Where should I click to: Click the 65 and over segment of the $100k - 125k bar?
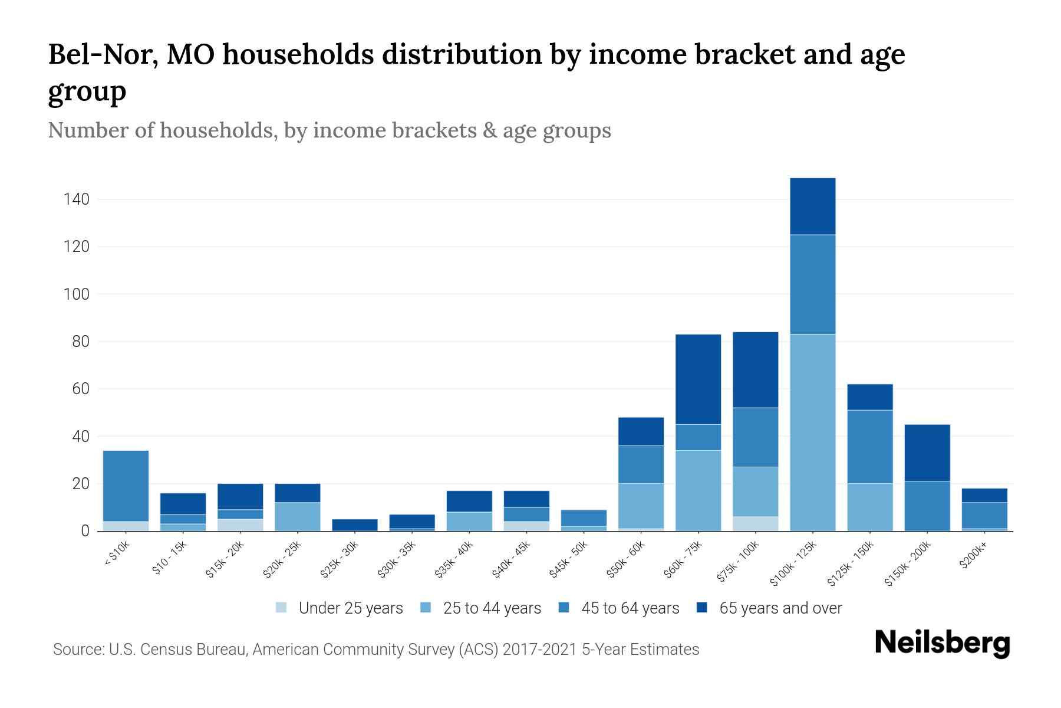pos(812,206)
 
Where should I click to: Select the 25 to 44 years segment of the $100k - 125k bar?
pos(812,432)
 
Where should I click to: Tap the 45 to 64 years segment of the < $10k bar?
pos(126,486)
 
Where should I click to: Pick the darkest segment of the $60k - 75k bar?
pos(698,379)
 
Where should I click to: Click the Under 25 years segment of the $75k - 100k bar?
pos(755,523)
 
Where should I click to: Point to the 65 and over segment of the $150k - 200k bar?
pos(927,453)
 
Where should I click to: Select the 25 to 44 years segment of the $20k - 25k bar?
pos(298,516)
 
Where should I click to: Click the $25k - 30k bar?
pos(355,525)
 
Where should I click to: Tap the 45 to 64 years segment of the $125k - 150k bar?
pos(869,447)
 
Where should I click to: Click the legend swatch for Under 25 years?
pos(282,608)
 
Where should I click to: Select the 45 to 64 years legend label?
pos(630,608)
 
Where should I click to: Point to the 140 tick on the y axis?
pos(77,199)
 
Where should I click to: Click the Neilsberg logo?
pos(942,643)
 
